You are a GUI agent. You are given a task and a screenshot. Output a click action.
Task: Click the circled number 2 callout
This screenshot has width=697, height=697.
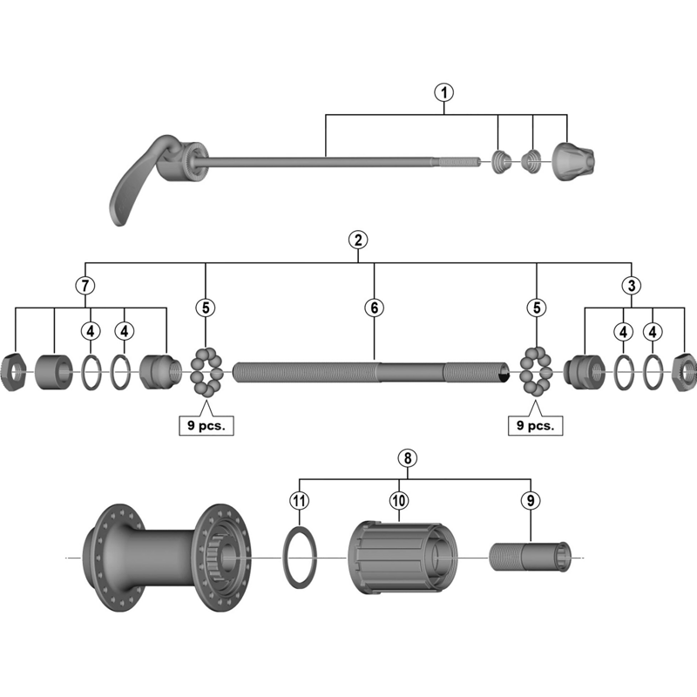(x=357, y=240)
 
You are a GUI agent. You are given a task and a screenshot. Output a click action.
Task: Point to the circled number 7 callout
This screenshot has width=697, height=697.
(x=85, y=285)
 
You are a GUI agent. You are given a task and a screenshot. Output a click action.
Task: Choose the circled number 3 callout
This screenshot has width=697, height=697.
(x=630, y=285)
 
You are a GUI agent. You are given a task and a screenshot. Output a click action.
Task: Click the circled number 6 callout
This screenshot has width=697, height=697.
(x=374, y=307)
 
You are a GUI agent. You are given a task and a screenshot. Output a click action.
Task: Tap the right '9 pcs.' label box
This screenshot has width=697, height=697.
(x=535, y=426)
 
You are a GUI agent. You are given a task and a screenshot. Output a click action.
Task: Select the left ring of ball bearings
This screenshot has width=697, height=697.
(x=206, y=371)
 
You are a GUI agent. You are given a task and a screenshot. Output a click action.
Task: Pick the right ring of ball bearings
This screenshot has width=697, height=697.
(x=536, y=371)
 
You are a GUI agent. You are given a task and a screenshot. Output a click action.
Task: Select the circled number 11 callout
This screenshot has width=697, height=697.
(x=299, y=500)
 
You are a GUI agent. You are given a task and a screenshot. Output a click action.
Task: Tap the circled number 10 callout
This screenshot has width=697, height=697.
(x=399, y=500)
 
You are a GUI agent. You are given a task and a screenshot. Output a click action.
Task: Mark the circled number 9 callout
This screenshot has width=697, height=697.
(x=530, y=500)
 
